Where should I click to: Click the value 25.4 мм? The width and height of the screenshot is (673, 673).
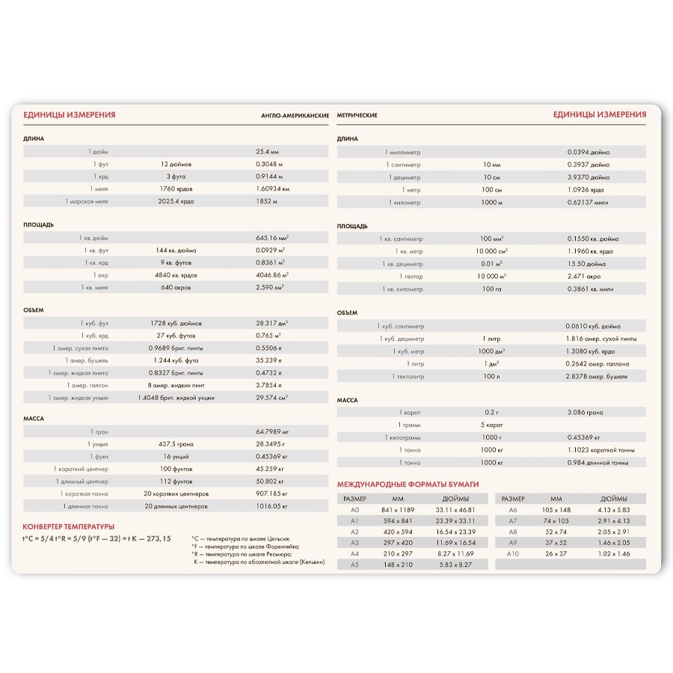267,152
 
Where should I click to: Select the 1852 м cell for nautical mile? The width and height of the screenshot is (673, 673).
266,201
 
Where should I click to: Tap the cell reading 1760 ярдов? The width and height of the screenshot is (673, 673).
176,188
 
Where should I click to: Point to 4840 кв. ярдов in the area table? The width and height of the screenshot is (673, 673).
176,274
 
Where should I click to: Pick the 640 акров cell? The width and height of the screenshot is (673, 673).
176,287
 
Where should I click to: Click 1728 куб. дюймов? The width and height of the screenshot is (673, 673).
176,323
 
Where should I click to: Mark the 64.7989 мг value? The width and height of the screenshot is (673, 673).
272,431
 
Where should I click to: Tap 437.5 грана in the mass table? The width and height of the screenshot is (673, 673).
176,444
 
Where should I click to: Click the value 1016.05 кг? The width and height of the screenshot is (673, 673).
271,506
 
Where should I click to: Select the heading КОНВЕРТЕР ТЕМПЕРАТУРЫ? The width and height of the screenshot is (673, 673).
69,526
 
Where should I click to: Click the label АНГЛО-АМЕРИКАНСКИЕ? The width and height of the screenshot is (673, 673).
295,115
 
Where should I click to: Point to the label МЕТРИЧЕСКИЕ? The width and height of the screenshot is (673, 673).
357,115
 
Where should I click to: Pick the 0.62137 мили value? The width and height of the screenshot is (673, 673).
588,202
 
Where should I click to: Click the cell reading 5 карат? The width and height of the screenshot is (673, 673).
491,425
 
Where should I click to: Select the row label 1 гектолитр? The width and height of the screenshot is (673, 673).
408,376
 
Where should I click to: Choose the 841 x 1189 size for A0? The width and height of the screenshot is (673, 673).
398,509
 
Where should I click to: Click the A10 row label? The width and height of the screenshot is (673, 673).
512,553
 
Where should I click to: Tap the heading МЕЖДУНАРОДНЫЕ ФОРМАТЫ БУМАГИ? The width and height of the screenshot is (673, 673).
408,485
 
